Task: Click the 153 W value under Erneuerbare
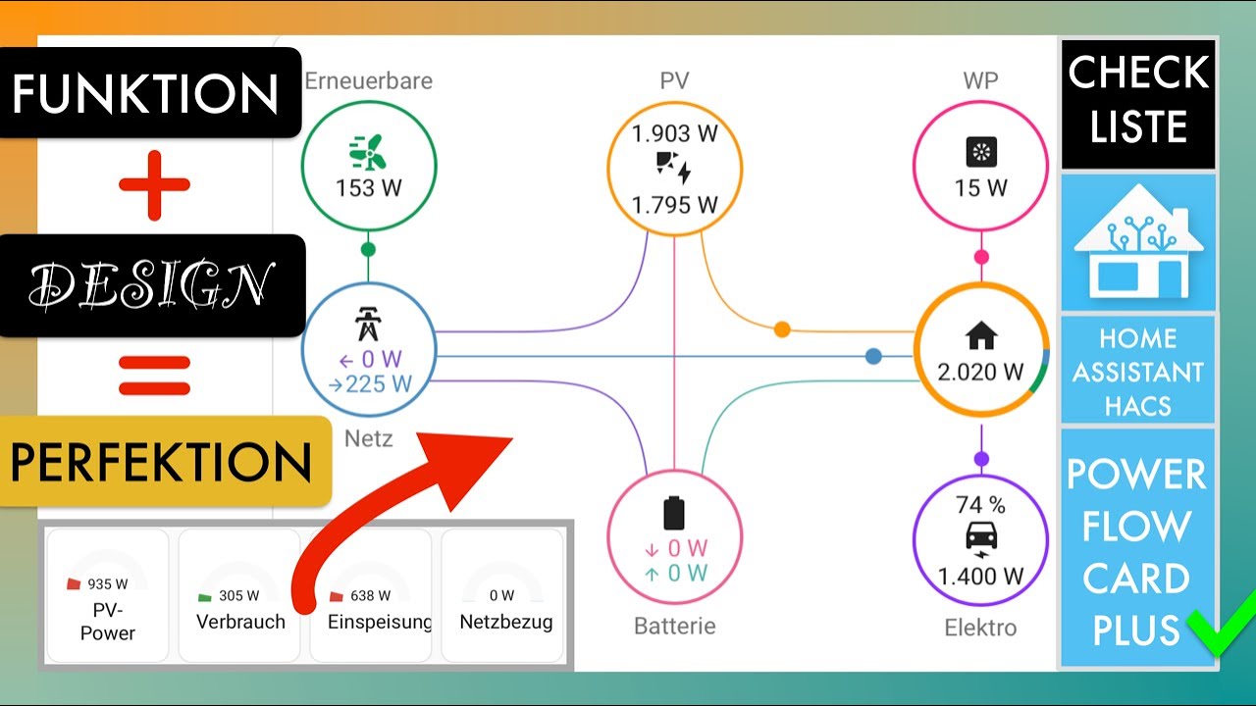pyautogui.click(x=368, y=188)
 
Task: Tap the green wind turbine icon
pyautogui.click(x=368, y=153)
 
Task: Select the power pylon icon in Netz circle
pyautogui.click(x=368, y=324)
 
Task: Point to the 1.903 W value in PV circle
pyautogui.click(x=674, y=134)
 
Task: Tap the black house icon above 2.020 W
pyautogui.click(x=980, y=337)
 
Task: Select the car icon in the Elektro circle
pyautogui.click(x=980, y=537)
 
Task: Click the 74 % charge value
pyautogui.click(x=980, y=506)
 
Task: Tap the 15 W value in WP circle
pyautogui.click(x=980, y=187)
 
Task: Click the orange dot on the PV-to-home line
pyautogui.click(x=782, y=329)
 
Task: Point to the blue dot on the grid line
pyautogui.click(x=873, y=356)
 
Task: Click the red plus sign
pyautogui.click(x=154, y=185)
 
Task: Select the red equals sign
pyautogui.click(x=154, y=376)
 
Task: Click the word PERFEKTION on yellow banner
pyautogui.click(x=162, y=462)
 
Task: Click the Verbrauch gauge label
pyautogui.click(x=240, y=622)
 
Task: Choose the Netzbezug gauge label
pyautogui.click(x=505, y=622)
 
